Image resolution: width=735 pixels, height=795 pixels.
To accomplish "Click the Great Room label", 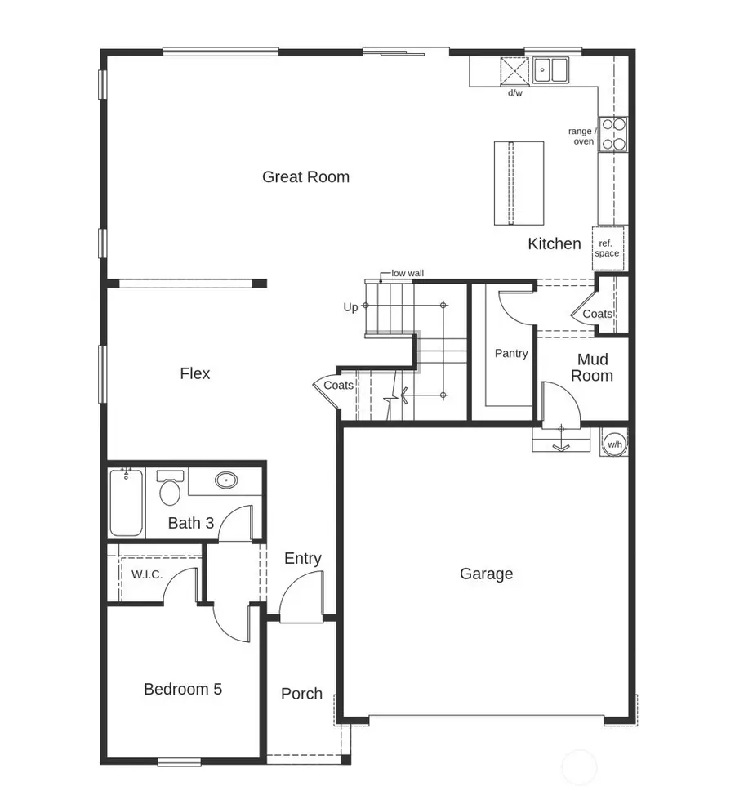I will [x=305, y=176].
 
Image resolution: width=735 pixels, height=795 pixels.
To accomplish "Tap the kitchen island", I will [x=519, y=183].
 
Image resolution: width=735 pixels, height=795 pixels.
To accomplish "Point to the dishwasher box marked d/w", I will [x=514, y=71].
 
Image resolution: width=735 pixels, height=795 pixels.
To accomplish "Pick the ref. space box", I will [x=608, y=248].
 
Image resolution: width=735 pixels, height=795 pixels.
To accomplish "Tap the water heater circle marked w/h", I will [x=614, y=444].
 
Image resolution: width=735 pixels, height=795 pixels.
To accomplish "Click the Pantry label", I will [x=511, y=353].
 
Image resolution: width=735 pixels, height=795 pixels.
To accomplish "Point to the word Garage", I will [x=486, y=574].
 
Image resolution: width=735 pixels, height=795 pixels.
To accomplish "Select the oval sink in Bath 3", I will [x=226, y=480].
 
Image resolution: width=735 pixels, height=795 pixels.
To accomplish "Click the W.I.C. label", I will [x=147, y=574].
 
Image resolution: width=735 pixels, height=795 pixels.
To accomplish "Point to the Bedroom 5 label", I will [x=182, y=689].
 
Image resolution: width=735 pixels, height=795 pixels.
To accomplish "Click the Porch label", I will [x=301, y=694].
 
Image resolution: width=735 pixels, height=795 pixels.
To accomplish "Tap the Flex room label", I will [x=195, y=373].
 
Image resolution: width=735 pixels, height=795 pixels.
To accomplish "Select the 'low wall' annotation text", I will [x=408, y=274].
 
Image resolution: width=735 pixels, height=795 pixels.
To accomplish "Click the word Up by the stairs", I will [x=350, y=308].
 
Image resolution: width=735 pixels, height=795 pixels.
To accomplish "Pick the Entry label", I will [x=302, y=558].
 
